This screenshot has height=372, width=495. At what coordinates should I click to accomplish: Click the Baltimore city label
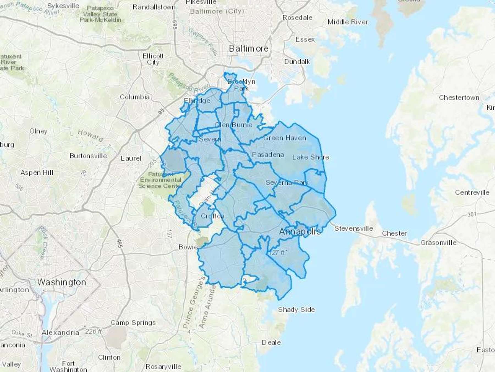249,49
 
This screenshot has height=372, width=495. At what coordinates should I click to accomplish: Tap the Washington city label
62,282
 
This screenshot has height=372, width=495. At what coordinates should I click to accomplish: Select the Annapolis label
300,231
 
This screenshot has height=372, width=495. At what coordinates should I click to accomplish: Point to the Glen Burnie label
233,125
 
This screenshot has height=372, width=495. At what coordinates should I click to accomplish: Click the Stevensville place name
354,228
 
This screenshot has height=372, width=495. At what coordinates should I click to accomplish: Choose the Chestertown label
459,98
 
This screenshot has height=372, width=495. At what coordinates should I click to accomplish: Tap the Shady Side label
296,310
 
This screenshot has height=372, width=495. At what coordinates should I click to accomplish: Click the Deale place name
271,343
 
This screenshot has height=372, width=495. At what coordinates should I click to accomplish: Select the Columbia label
135,97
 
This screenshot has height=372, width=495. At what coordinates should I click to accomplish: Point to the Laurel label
131,158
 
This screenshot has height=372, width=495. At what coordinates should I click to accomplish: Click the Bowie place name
188,247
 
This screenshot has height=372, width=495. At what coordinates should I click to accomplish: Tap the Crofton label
213,216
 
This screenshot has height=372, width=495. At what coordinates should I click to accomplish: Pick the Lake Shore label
310,157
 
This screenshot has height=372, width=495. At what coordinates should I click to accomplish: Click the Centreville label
472,192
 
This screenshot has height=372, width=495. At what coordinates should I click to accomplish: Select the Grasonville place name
438,243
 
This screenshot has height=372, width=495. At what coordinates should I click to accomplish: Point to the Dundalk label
297,62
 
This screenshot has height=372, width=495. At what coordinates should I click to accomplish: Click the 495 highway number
120,243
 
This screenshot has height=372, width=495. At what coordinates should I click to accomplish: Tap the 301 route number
472,214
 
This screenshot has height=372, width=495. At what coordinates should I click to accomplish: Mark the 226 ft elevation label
94,331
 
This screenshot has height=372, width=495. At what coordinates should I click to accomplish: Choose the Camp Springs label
133,323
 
